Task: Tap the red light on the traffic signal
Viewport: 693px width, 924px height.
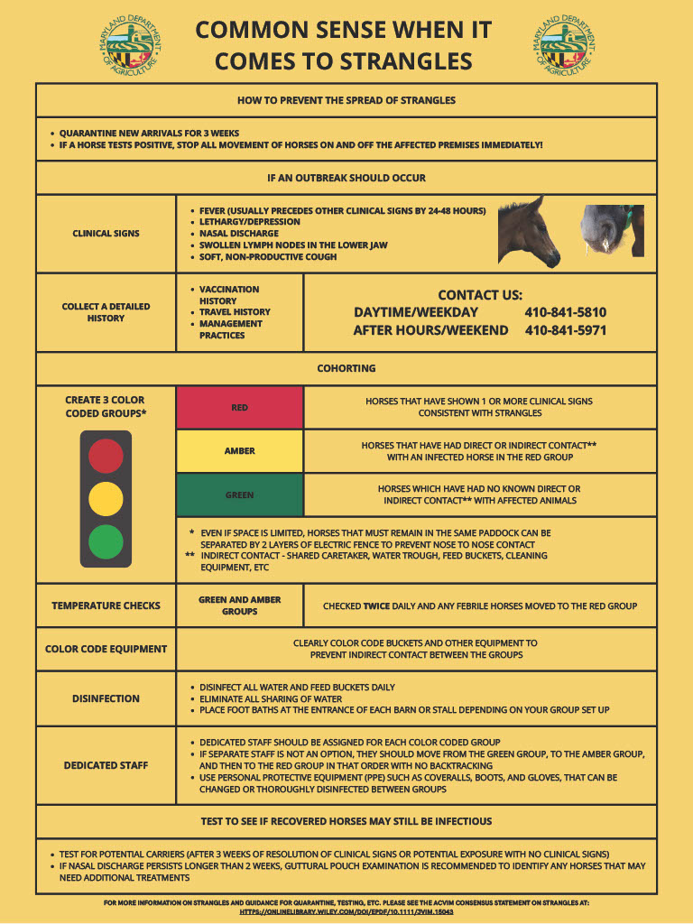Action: [x=106, y=456]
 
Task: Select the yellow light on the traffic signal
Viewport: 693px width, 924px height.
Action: [x=106, y=498]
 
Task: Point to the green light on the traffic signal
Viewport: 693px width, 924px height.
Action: [x=106, y=541]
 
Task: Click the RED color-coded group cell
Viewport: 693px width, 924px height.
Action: [x=240, y=408]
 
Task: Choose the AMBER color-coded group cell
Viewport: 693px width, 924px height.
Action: [x=240, y=451]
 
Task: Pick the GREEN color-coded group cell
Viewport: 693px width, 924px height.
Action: [x=240, y=495]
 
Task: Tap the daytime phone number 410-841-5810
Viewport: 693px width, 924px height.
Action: [x=566, y=312]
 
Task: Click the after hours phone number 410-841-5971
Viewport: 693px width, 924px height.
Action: [x=566, y=330]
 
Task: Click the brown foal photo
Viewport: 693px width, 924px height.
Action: [x=530, y=232]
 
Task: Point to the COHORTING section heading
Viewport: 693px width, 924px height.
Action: [x=346, y=368]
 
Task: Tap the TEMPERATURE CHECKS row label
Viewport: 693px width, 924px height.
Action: [x=106, y=605]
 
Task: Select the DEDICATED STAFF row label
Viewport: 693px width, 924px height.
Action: [x=106, y=765]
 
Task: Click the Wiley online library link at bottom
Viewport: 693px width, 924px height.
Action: [x=346, y=912]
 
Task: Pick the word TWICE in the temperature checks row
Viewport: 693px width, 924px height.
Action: [x=376, y=606]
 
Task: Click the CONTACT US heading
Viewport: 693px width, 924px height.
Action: [x=480, y=295]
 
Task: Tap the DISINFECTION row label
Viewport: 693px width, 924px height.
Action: [x=106, y=698]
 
